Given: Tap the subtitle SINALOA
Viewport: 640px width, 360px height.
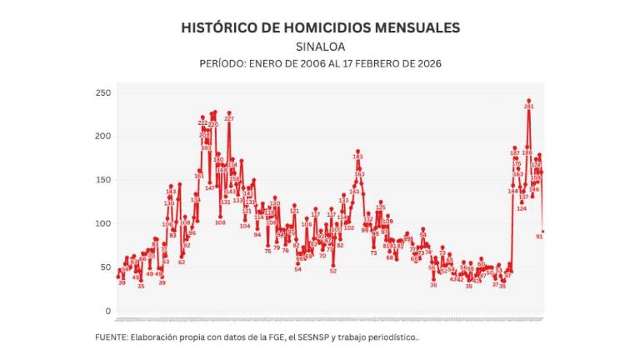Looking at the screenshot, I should pos(320,47).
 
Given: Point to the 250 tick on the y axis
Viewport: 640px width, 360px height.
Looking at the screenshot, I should pos(102,92).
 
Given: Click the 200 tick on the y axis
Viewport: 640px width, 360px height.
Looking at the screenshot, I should pos(102,136).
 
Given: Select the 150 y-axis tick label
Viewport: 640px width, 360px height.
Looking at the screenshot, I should pos(102,180).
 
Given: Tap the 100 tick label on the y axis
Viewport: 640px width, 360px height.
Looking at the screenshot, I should pos(102,223).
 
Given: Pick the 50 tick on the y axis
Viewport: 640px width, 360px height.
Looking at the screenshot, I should pos(104,267).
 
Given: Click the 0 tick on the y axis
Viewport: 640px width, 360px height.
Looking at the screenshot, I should pos(107,311).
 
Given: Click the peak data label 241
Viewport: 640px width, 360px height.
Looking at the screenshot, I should pos(528,107).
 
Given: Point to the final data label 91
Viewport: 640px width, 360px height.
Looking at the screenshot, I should pos(539,236).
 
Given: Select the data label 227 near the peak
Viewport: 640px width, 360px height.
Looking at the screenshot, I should pos(228,119).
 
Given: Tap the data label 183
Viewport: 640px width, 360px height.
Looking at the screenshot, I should pos(357,156).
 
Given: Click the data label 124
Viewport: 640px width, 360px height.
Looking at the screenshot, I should pos(522,208).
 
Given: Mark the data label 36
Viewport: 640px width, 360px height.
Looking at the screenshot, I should pos(433,285).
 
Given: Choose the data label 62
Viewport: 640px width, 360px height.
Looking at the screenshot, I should pos(182,262).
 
